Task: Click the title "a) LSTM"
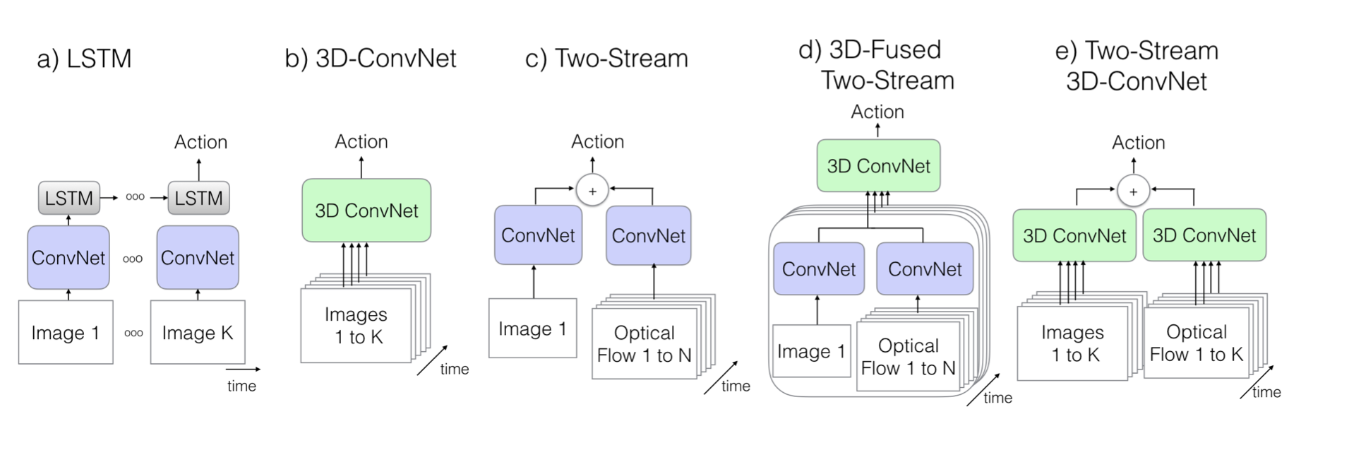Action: coord(84,59)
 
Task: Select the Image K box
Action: coord(198,332)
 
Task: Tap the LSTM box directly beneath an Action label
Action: coord(198,198)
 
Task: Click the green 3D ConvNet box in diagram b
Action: coord(366,211)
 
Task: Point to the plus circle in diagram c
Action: coord(592,191)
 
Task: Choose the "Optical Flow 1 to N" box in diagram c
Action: coord(644,344)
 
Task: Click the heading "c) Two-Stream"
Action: coord(606,58)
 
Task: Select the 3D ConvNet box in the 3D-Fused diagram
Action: coord(878,166)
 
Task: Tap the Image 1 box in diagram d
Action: coord(811,352)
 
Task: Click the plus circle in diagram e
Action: coord(1133,191)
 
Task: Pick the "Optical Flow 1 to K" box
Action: coord(1197,343)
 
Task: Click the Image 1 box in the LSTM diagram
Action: coord(66,332)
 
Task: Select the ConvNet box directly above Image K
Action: coord(198,258)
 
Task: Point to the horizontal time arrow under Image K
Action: coord(243,369)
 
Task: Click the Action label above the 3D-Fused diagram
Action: coord(877,112)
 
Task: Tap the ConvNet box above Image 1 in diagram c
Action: coord(538,235)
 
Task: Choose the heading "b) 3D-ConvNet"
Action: coord(371,58)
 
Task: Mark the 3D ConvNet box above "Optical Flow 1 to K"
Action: coord(1204,235)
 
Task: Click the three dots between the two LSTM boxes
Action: coord(135,197)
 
